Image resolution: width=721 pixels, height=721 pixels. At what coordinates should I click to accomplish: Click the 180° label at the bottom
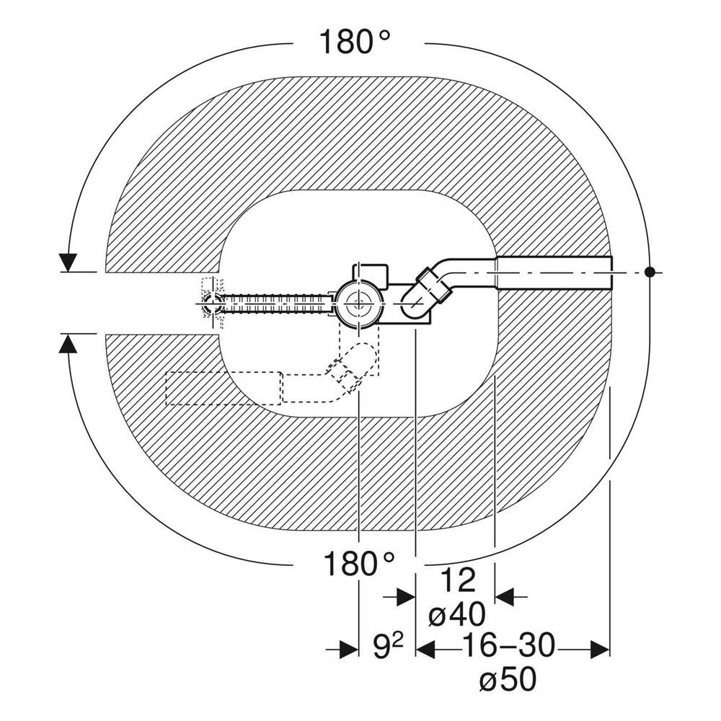(359, 564)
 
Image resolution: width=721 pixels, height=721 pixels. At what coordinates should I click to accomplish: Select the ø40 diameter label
(456, 614)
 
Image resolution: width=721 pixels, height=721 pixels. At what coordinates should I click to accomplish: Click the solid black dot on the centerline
(650, 273)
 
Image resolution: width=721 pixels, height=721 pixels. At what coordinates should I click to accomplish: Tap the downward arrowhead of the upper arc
(68, 262)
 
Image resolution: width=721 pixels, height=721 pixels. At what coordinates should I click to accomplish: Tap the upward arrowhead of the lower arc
(68, 343)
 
